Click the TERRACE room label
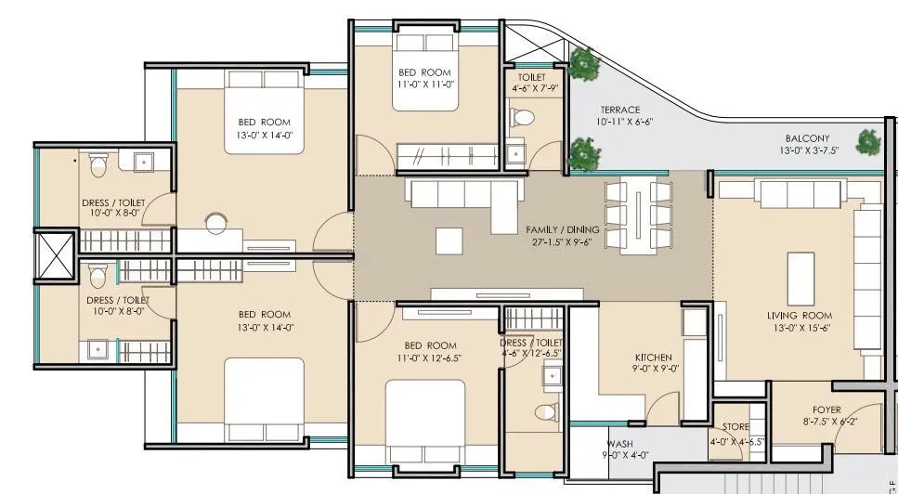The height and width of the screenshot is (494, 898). pos(619,110)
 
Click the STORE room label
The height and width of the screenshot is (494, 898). pos(735,427)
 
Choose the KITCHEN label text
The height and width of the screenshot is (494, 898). pos(653,357)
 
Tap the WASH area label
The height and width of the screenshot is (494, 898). pos(619,444)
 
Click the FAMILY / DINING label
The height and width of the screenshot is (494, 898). pos(562,229)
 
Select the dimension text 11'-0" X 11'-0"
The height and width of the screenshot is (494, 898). pos(424,84)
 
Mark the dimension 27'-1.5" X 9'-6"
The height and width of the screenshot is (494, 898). pos(561,242)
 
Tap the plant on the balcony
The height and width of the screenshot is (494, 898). pos(868,141)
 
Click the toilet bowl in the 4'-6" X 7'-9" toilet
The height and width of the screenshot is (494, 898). pos(525,116)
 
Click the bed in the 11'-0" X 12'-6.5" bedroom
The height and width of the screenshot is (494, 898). pos(424,418)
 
